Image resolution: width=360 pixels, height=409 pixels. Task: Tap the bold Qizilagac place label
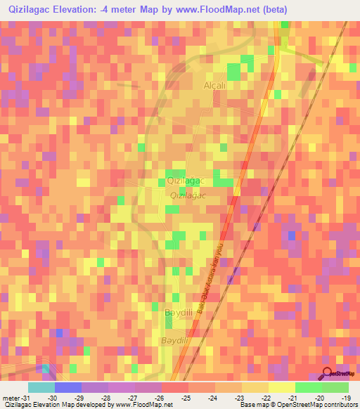coord(185,181)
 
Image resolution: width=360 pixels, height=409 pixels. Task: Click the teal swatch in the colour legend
coord(41,387)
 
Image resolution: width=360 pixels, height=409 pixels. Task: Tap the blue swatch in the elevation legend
coord(67,387)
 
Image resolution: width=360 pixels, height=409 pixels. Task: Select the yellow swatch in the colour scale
coord(281,387)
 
